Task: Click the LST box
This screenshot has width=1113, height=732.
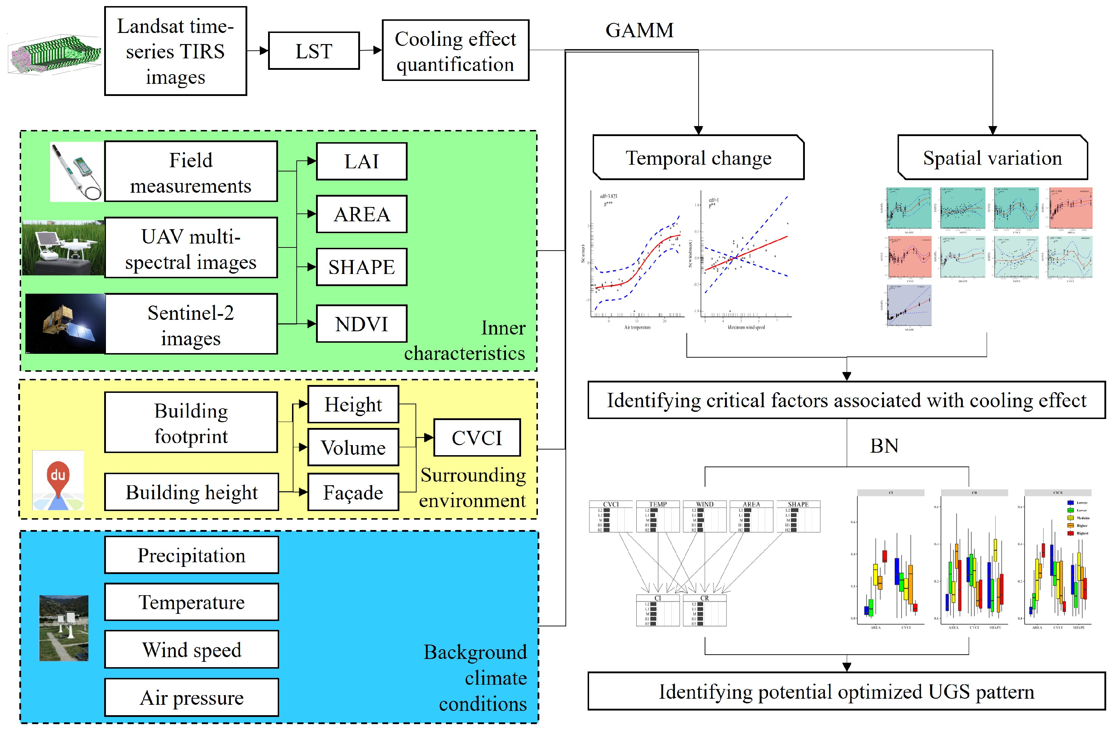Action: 314,51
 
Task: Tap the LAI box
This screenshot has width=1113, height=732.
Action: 361,162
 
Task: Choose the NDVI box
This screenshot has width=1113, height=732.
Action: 361,324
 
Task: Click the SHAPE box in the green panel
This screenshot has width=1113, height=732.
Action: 361,267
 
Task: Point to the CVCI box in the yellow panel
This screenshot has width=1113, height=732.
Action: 477,438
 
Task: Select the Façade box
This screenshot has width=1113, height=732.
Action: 353,492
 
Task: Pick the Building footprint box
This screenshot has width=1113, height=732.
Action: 191,423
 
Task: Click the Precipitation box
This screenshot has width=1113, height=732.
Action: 191,555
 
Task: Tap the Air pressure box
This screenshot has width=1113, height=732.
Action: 191,697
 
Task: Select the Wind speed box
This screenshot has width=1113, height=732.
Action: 191,650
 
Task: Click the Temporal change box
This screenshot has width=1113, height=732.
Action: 698,158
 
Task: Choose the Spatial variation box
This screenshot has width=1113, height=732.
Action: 992,158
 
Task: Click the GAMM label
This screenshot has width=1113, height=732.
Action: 639,30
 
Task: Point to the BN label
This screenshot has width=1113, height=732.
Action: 884,446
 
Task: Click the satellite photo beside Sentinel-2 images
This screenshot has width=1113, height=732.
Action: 65,323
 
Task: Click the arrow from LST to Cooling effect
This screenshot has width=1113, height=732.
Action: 371,50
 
